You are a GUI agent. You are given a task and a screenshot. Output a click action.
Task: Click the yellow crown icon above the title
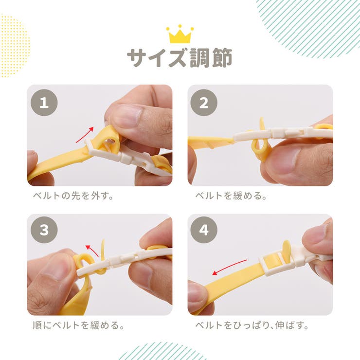[180, 35]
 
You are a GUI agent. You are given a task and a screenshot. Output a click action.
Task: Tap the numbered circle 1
[44, 103]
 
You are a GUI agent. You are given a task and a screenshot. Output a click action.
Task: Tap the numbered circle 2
[204, 103]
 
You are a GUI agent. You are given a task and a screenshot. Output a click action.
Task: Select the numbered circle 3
[44, 230]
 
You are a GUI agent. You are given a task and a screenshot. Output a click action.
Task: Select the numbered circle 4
[204, 230]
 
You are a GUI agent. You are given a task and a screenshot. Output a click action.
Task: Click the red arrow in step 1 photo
[85, 134]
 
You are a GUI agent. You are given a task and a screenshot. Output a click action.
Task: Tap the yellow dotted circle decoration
[14, 46]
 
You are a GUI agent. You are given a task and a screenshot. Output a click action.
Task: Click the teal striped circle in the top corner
[311, 24]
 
